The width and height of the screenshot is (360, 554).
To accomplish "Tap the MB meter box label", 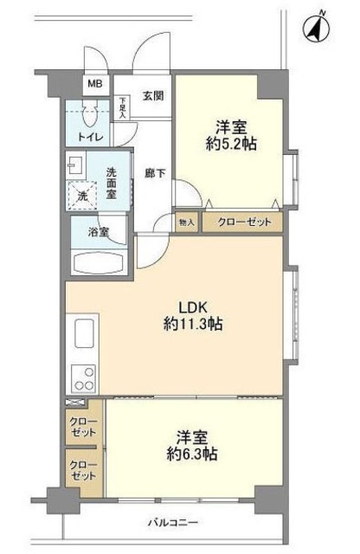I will coord(93,86).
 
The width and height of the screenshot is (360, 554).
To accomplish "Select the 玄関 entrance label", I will coord(153,96).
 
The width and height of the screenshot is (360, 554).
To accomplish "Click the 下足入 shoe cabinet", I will coord(123,109).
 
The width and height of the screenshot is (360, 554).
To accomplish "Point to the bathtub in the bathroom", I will coord(98,262).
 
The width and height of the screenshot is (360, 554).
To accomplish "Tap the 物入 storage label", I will coord(187,222).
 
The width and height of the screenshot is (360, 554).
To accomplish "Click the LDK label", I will coord(192,306).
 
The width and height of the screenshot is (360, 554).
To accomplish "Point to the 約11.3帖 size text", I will coord(192,325).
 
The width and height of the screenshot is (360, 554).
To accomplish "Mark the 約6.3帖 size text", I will coord(192,454).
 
